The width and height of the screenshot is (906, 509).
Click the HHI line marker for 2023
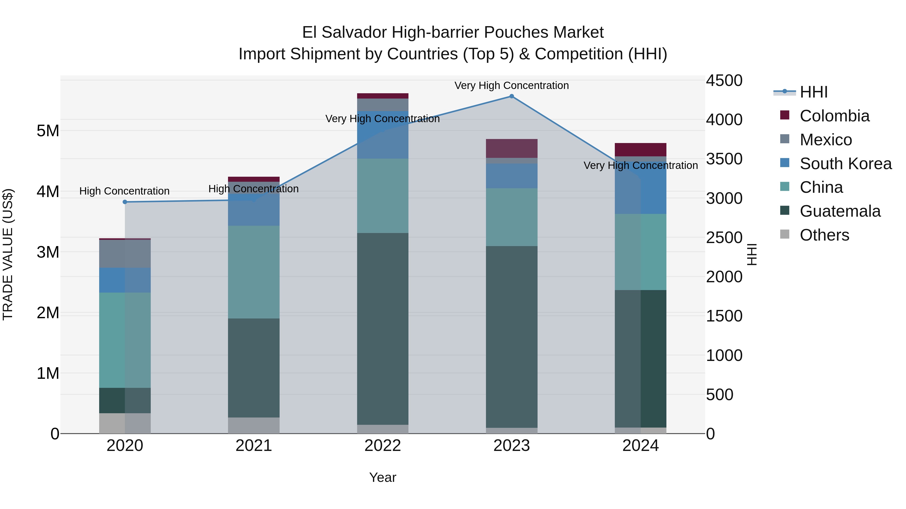[511, 96]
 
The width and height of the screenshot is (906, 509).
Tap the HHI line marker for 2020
[125, 202]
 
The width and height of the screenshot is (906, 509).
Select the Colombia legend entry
[834, 116]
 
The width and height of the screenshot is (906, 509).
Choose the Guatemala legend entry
[840, 211]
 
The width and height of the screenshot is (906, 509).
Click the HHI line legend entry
[813, 92]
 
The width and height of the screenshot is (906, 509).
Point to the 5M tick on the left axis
[48, 131]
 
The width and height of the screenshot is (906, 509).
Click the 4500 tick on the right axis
[724, 80]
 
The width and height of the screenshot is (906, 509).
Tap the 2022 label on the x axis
[383, 446]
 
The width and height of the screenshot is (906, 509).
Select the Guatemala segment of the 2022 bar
[383, 329]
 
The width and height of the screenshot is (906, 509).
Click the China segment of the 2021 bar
[254, 272]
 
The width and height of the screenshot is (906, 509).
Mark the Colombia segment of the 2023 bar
[511, 148]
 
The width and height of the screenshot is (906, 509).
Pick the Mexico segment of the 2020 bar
[125, 254]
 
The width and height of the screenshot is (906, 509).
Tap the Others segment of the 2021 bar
[254, 425]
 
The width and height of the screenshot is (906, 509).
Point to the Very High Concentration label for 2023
[511, 85]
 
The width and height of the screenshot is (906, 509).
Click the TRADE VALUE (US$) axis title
[8, 254]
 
